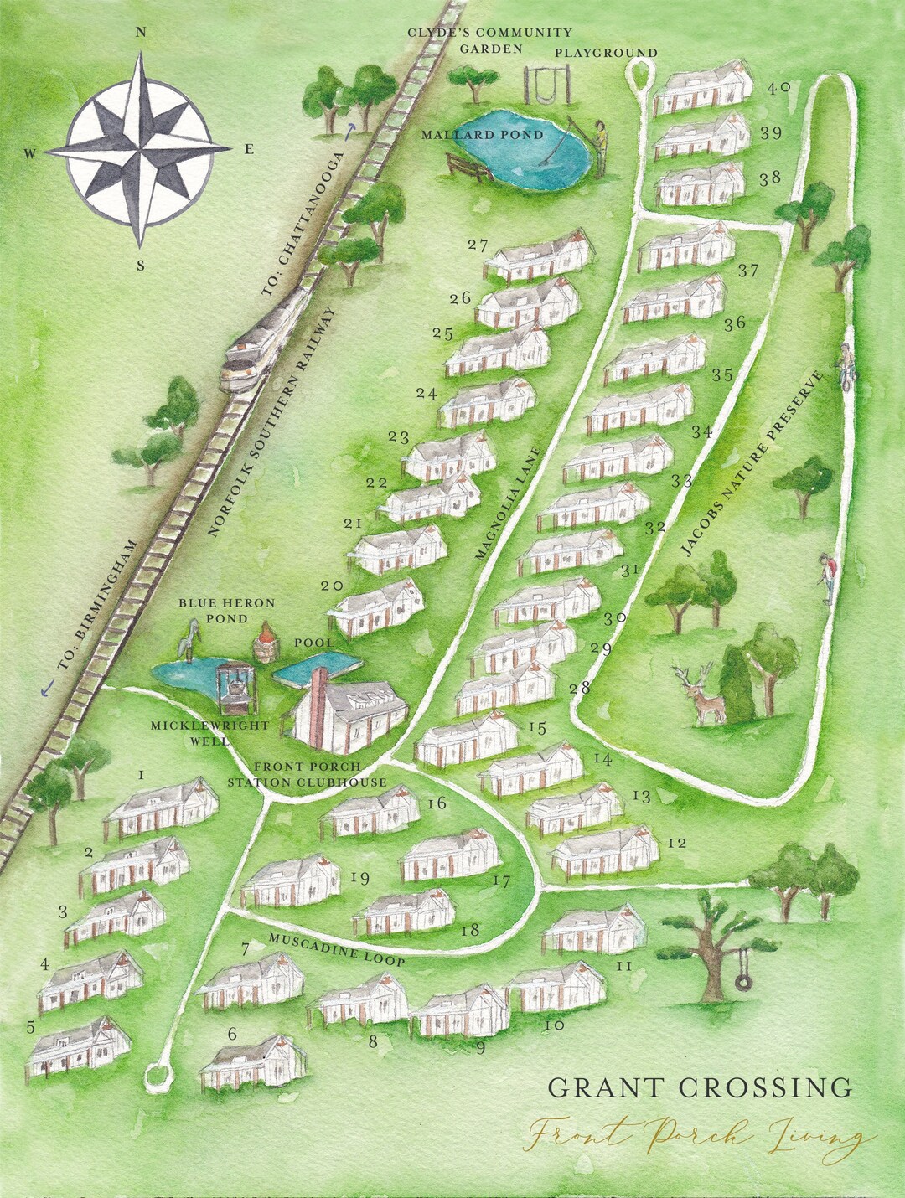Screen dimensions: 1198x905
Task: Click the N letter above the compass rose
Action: (x=141, y=33)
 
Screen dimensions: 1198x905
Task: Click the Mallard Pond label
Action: (x=482, y=135)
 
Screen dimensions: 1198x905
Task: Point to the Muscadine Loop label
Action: (x=336, y=949)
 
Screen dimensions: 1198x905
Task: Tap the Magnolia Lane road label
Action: (x=509, y=503)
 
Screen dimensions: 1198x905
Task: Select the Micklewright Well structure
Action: (x=235, y=689)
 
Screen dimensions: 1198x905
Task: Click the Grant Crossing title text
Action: (x=700, y=1087)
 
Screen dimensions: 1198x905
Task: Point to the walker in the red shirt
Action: (x=828, y=576)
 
